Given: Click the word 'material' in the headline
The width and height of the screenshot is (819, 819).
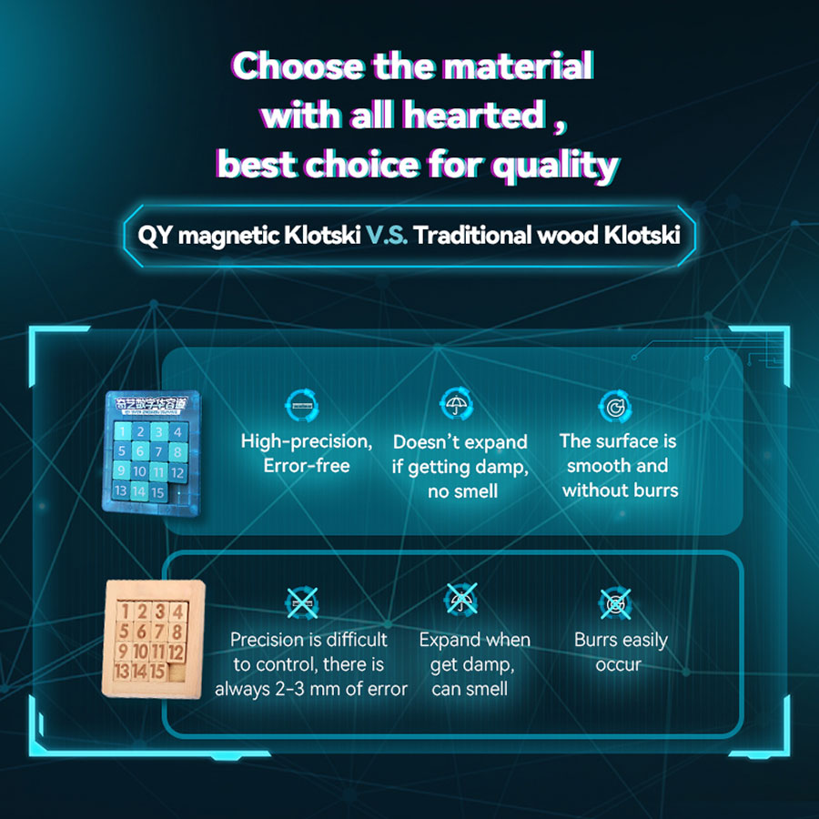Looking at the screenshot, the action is pyautogui.click(x=518, y=66).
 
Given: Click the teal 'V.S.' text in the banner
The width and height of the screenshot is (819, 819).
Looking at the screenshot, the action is pyautogui.click(x=387, y=236).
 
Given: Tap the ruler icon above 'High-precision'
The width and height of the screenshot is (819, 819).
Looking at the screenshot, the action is pyautogui.click(x=302, y=405).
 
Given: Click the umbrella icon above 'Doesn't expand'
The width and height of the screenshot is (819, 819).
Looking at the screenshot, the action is pyautogui.click(x=457, y=404).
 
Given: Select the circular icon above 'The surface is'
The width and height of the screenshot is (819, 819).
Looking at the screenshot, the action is pyautogui.click(x=615, y=406).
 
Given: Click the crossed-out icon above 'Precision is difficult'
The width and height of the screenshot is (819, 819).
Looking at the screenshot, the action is pyautogui.click(x=302, y=602).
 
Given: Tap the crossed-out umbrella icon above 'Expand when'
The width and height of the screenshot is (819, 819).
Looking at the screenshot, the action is pyautogui.click(x=460, y=599).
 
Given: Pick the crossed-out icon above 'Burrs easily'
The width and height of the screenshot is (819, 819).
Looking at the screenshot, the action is pyautogui.click(x=615, y=604).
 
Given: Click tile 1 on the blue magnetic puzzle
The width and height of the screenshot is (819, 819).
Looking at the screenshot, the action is pyautogui.click(x=122, y=431).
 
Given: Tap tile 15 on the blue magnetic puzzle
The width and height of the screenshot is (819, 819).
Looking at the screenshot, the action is pyautogui.click(x=157, y=492).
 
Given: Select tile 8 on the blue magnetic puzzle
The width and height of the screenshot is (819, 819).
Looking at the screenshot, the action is pyautogui.click(x=177, y=451).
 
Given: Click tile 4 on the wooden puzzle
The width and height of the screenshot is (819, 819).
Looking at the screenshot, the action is pyautogui.click(x=178, y=612).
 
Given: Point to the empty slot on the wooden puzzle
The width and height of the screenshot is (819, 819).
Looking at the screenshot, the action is pyautogui.click(x=177, y=672).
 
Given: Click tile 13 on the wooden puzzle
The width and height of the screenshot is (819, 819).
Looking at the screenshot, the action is pyautogui.click(x=122, y=670).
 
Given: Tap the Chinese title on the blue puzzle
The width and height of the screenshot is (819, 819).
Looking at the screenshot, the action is pyautogui.click(x=151, y=404).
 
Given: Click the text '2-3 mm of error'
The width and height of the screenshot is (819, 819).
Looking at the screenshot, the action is pyautogui.click(x=345, y=689).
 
